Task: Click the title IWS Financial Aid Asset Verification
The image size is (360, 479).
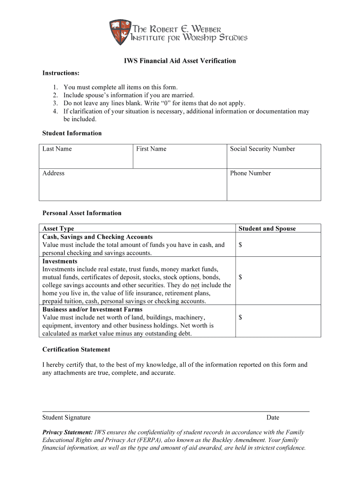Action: tap(180, 61)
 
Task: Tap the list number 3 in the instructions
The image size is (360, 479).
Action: tap(55, 103)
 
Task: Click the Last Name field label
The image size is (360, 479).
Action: tap(57, 149)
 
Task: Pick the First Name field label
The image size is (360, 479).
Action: tap(151, 149)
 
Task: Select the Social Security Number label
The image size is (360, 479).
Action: tap(262, 149)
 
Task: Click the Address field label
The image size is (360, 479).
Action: tap(53, 173)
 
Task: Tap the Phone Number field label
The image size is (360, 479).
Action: tap(250, 173)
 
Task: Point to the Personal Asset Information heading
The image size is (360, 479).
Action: tap(82, 213)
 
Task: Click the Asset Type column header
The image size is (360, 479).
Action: tap(58, 229)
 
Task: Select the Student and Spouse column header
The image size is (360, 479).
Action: tap(267, 229)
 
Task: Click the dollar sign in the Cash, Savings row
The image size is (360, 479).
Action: tap(240, 245)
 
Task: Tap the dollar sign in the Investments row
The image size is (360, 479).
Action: tap(240, 277)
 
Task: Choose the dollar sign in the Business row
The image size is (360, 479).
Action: tap(240, 318)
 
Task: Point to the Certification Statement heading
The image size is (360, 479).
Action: tap(76, 349)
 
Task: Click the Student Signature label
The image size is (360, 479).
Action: tap(66, 417)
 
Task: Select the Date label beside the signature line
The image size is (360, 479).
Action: tap(273, 417)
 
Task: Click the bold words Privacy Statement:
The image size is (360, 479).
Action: tap(67, 433)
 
